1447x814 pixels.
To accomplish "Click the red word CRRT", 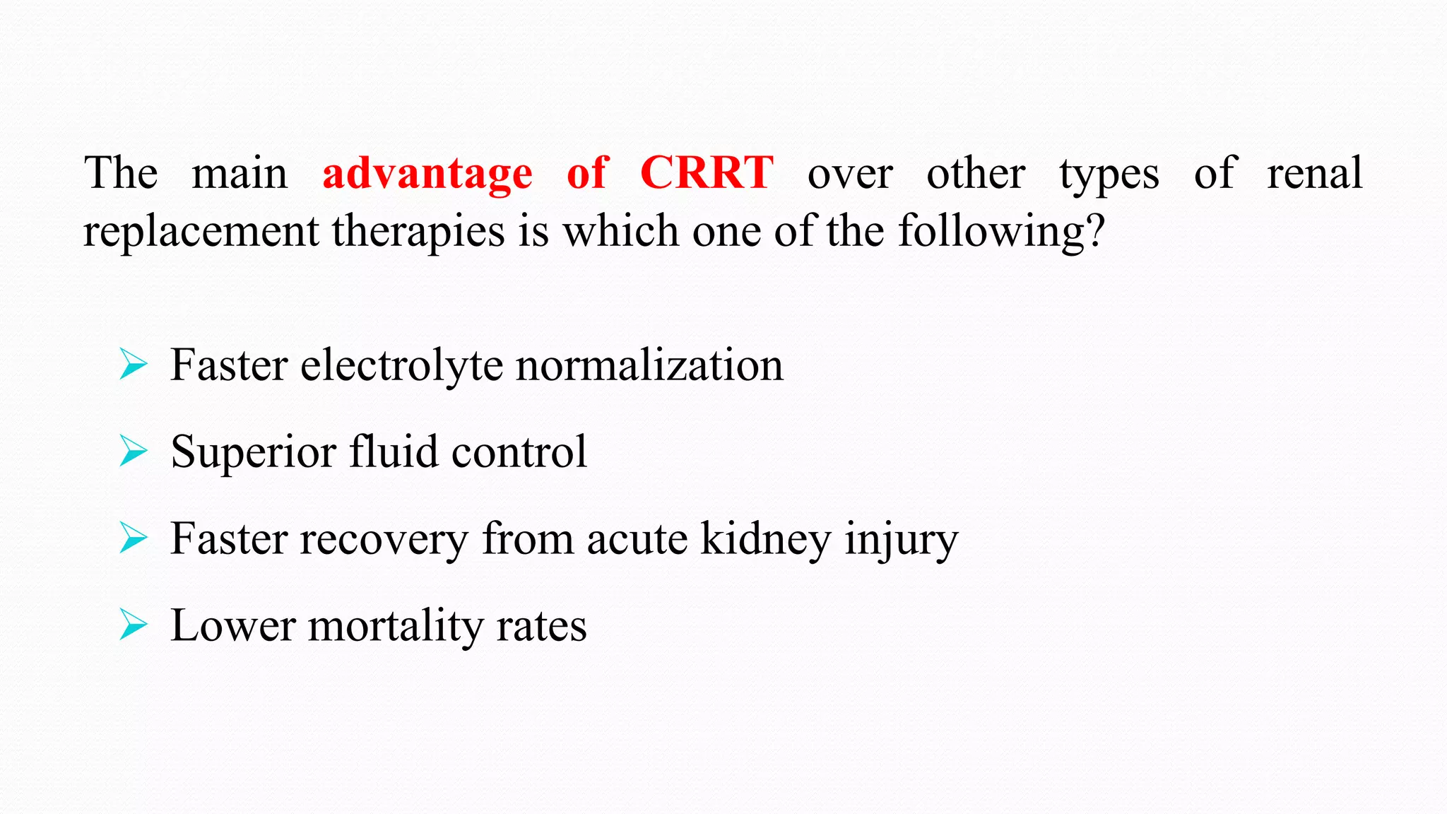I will (x=707, y=172).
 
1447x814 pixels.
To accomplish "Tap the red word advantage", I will (x=427, y=174).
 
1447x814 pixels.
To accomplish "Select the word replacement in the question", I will (x=201, y=232).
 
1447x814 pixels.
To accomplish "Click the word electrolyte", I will (x=401, y=366).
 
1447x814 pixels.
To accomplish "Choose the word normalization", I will (x=649, y=366).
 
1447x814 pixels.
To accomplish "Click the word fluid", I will (x=394, y=452).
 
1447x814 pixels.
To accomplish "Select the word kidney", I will (x=766, y=540).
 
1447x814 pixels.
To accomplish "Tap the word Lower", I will (x=233, y=626).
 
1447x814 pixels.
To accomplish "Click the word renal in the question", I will (x=1314, y=174).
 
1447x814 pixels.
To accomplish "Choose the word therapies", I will (x=418, y=232).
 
